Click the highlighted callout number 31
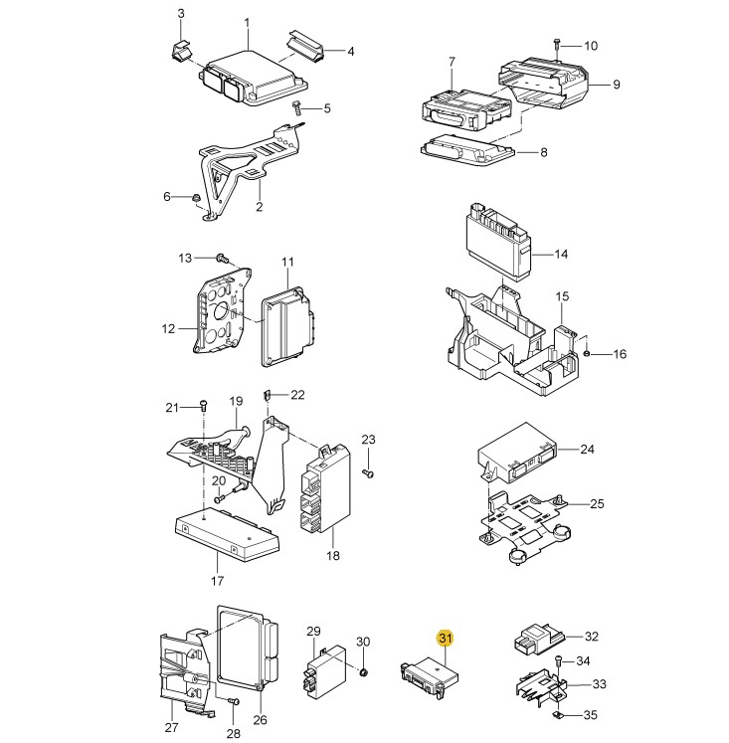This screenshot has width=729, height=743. [446, 638]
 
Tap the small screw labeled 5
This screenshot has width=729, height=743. [296, 108]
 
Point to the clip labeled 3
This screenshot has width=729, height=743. [181, 51]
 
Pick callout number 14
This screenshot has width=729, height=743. [561, 254]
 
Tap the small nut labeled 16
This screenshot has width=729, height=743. [587, 353]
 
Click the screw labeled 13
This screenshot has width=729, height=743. [222, 259]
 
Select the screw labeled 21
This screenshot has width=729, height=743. [204, 406]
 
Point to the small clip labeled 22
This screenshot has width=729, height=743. [267, 395]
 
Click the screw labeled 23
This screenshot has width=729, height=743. [368, 472]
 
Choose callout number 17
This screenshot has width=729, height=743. [217, 581]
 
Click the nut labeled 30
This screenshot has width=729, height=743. [364, 672]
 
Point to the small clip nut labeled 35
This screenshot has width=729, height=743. [558, 714]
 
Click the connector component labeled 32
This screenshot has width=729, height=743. [539, 640]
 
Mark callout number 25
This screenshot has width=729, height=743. [597, 503]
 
